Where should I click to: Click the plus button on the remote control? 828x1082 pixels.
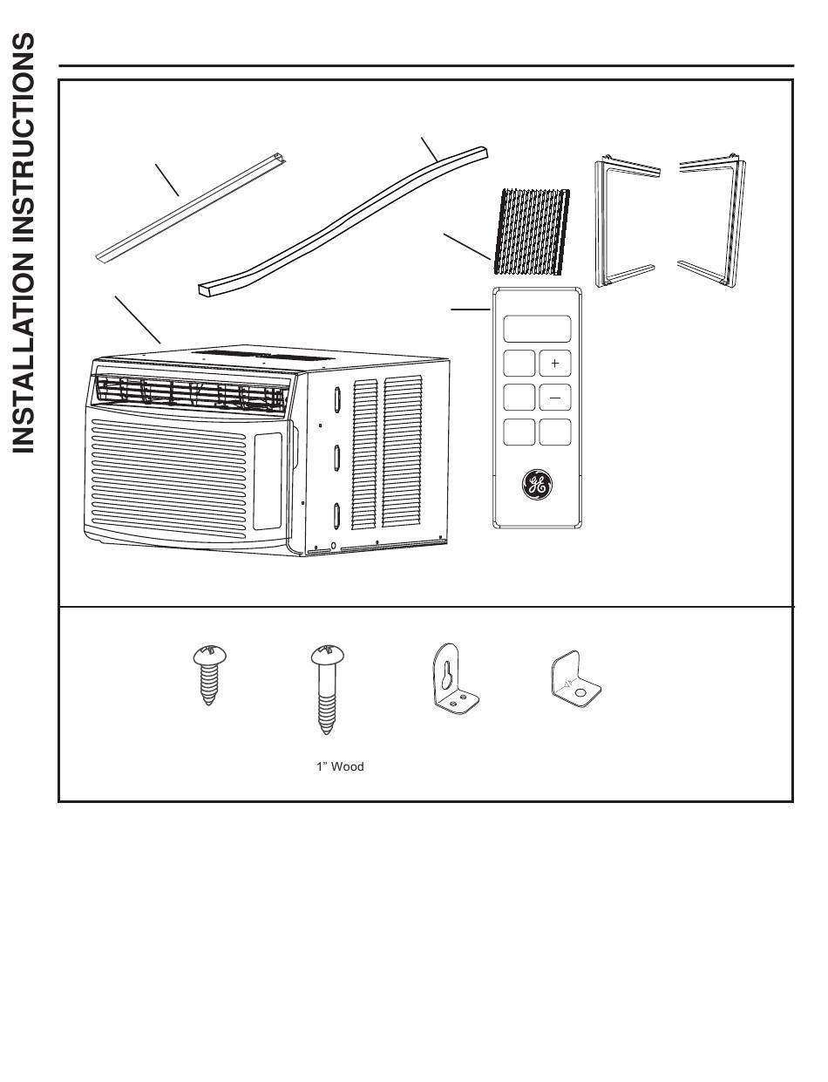pos(555,363)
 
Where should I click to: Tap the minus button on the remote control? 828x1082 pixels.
pos(555,398)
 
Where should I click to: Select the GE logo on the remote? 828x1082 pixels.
pos(537,485)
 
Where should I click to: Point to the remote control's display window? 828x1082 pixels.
pos(537,329)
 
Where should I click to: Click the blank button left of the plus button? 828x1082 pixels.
pos(519,363)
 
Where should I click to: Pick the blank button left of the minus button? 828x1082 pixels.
pos(519,398)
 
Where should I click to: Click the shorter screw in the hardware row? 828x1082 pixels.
pos(207,675)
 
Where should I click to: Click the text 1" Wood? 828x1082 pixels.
pos(339,767)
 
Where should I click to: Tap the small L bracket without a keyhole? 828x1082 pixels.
pos(576,681)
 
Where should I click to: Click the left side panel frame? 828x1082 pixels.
pos(624,221)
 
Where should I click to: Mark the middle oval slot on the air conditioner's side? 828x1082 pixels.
pos(336,457)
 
